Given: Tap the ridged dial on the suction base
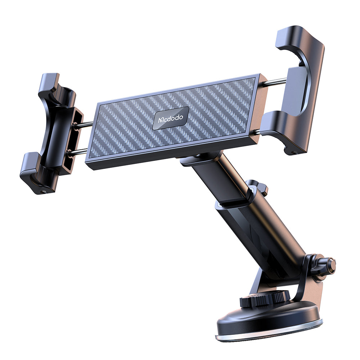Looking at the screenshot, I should click(x=265, y=298).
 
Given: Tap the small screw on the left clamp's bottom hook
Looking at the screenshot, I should click(x=44, y=190).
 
